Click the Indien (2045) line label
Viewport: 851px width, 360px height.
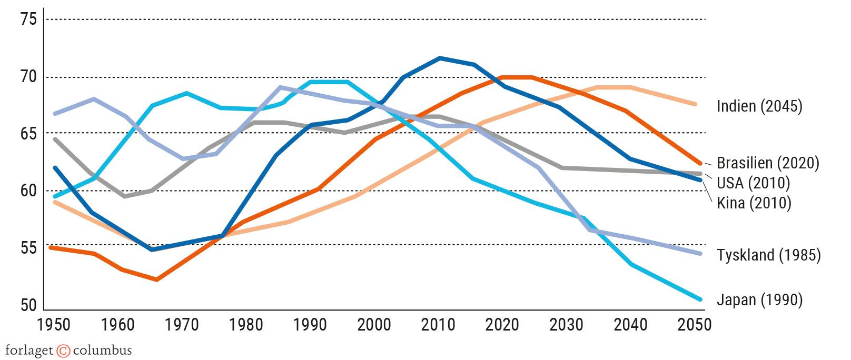point(759,106)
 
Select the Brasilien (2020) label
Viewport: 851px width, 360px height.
point(768,163)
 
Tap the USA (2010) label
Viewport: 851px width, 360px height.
point(753,183)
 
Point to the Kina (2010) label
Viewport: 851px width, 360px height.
point(754,203)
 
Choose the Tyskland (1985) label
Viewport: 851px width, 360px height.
point(768,255)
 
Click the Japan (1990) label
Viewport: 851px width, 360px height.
point(759,300)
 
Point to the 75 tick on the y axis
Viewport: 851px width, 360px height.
point(28,20)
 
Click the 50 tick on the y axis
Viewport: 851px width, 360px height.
point(28,305)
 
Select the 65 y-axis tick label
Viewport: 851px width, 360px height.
point(28,134)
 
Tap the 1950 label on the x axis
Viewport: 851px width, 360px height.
point(54,325)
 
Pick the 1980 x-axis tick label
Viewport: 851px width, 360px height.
point(246,325)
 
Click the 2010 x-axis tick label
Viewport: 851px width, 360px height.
point(438,325)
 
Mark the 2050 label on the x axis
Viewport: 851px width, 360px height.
point(695,325)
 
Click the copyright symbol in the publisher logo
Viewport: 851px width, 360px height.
point(63,351)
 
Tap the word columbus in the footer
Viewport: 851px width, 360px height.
point(102,351)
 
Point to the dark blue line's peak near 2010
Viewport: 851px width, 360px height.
point(440,58)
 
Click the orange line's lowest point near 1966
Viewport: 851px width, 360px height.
point(156,279)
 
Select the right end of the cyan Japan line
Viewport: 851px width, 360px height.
point(700,299)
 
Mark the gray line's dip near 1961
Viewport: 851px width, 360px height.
point(124,196)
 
